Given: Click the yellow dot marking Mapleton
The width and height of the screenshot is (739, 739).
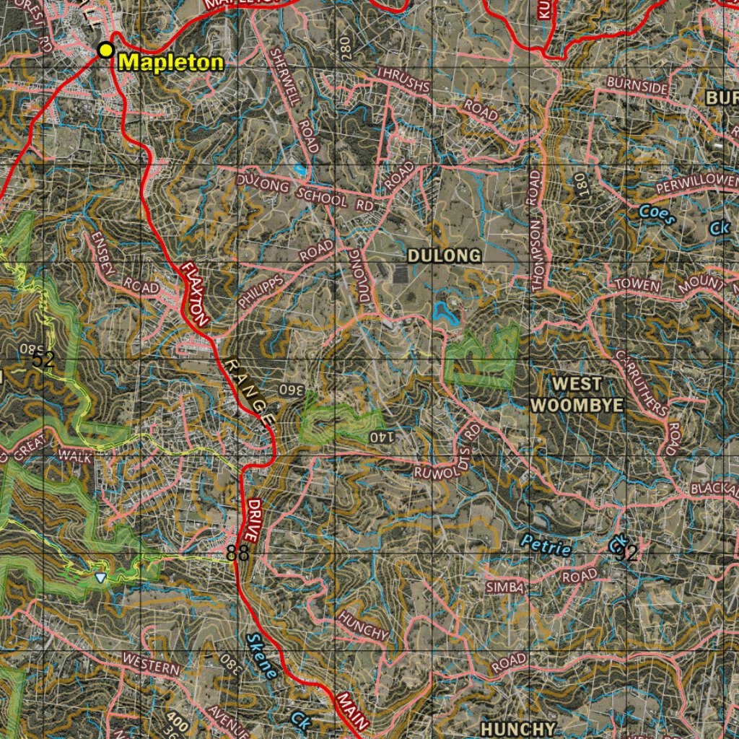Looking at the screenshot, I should coord(106,50).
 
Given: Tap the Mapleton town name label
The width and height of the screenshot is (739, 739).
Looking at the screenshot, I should coord(171,62).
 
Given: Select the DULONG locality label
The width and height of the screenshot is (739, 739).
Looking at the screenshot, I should coord(444,255).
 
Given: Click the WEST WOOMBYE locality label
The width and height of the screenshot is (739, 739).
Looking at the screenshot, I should coord(577,394).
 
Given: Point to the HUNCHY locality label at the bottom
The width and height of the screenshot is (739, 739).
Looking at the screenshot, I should coord(518,728).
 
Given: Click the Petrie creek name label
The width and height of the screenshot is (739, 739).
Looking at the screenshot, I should coord(546,546).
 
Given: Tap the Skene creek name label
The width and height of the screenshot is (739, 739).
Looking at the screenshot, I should coord(261,655).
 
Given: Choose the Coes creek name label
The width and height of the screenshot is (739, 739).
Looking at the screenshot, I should coord(657,215).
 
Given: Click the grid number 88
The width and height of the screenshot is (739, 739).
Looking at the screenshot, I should coord(237,554).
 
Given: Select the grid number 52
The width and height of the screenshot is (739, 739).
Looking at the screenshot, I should coord(43,359).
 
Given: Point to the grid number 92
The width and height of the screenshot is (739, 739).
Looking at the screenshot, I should coord(626,554).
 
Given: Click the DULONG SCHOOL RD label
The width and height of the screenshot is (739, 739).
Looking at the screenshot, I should coord(304,191).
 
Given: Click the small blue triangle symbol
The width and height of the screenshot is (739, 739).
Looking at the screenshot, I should coord(100,577).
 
